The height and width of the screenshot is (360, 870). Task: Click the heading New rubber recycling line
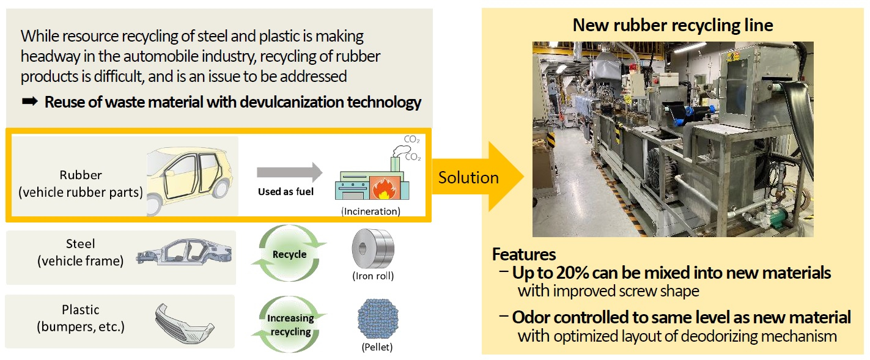pos(673,25)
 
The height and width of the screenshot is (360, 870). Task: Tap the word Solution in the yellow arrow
pos(468,177)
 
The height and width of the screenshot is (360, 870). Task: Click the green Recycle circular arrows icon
pos(289,254)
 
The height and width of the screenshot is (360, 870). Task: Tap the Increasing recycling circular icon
pos(290,324)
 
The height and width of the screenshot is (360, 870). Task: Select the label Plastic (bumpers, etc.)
pos(80,318)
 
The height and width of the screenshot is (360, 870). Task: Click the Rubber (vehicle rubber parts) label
pos(80,184)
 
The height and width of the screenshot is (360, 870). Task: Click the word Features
pos(523,254)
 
